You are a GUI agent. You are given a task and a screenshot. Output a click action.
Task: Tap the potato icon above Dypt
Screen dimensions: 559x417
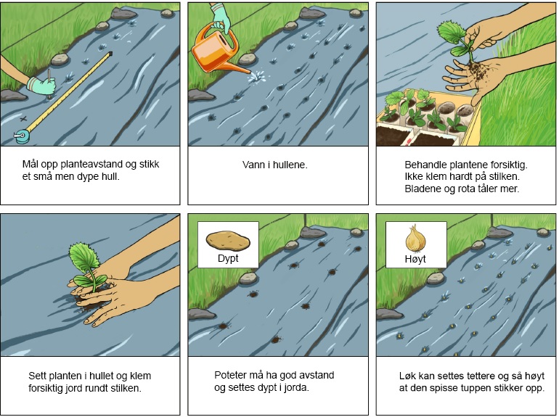coord(228,241)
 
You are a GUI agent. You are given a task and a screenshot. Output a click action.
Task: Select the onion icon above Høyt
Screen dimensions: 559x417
coord(415,239)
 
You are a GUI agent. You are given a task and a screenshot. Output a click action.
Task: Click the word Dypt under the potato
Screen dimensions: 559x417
coord(228,258)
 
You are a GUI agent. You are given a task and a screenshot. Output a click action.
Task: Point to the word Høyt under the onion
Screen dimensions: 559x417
coord(415,259)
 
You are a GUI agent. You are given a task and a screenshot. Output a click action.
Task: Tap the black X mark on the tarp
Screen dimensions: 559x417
coord(23,119)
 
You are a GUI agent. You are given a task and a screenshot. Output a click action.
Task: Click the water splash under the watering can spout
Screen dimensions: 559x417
coord(258,76)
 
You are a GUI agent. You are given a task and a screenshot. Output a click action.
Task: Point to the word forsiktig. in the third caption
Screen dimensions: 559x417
coord(509,165)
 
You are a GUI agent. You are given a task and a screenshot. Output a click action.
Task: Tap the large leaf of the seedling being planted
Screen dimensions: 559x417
coord(84,257)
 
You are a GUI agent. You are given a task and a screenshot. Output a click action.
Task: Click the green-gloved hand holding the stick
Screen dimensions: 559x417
coord(42,86)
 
